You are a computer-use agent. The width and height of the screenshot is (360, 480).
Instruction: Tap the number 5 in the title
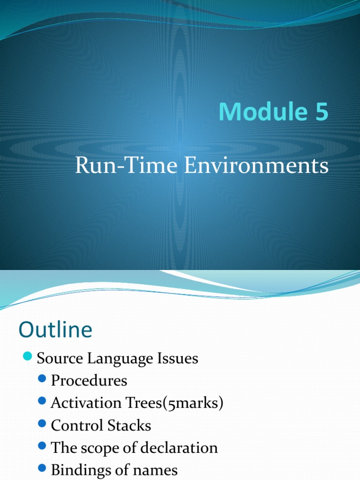322,112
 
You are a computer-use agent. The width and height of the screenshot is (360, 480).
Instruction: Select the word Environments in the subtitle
256,165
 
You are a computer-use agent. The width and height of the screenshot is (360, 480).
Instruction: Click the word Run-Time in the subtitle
126,165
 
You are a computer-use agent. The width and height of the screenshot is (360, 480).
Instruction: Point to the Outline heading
55,330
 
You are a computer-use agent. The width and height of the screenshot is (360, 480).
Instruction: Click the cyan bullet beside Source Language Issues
28,356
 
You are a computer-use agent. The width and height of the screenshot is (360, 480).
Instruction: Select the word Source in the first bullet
60,358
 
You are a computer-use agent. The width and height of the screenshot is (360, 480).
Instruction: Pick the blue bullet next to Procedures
42,379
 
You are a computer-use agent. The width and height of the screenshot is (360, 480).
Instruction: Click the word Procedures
89,381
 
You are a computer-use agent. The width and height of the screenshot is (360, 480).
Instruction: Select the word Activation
86,403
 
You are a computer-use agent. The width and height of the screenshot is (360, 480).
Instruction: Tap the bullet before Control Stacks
42,424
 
